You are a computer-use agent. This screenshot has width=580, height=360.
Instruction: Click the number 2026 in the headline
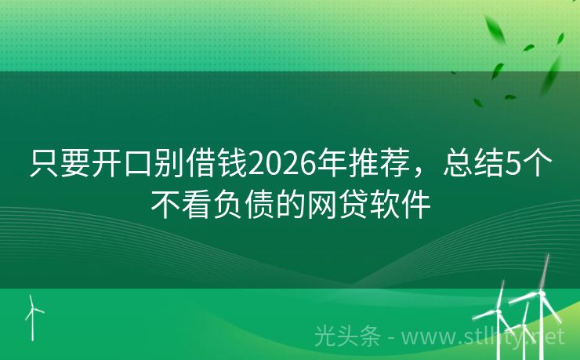pyautogui.click(x=281, y=165)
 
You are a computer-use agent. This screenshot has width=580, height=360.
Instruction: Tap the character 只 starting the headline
pyautogui.click(x=44, y=165)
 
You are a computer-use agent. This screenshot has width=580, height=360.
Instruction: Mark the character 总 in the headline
pyautogui.click(x=457, y=165)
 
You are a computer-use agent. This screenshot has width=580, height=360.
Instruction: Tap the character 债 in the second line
pyautogui.click(x=259, y=205)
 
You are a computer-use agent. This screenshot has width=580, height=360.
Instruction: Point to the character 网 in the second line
pyautogui.click(x=321, y=205)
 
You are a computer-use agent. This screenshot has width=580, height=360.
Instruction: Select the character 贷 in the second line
pyautogui.click(x=353, y=205)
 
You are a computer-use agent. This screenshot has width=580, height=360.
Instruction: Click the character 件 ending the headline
pyautogui.click(x=415, y=205)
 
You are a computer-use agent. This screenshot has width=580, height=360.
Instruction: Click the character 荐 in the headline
pyautogui.click(x=392, y=165)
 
